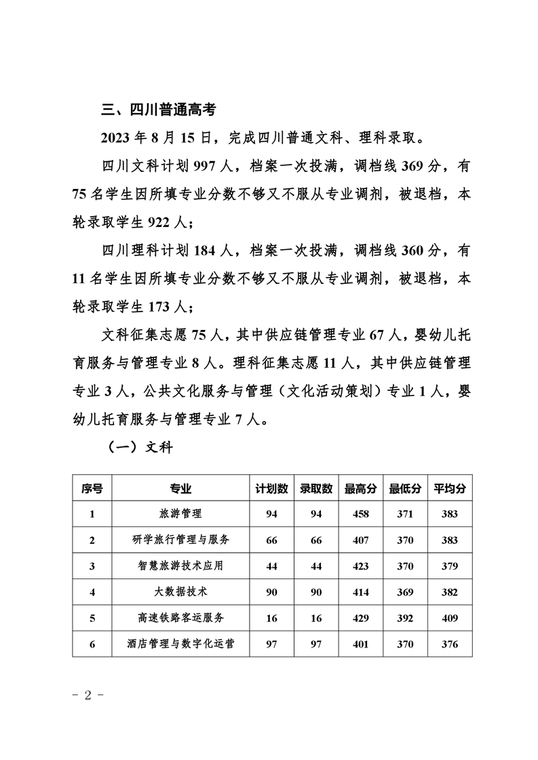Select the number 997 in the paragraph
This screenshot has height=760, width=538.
(x=208, y=166)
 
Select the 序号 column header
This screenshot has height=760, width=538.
(x=92, y=488)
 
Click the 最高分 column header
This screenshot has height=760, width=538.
(x=360, y=488)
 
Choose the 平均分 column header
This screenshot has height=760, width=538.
(x=450, y=488)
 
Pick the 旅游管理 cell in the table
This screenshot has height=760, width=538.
(x=180, y=514)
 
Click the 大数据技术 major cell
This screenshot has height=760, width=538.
(x=180, y=592)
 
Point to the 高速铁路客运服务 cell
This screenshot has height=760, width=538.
(x=180, y=618)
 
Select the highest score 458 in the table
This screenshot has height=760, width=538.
(x=360, y=514)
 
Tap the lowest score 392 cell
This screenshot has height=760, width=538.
(x=405, y=618)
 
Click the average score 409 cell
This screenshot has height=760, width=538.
(x=450, y=618)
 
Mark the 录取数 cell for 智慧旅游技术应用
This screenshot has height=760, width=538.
(x=316, y=566)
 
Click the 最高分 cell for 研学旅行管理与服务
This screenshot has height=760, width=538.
(x=360, y=541)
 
